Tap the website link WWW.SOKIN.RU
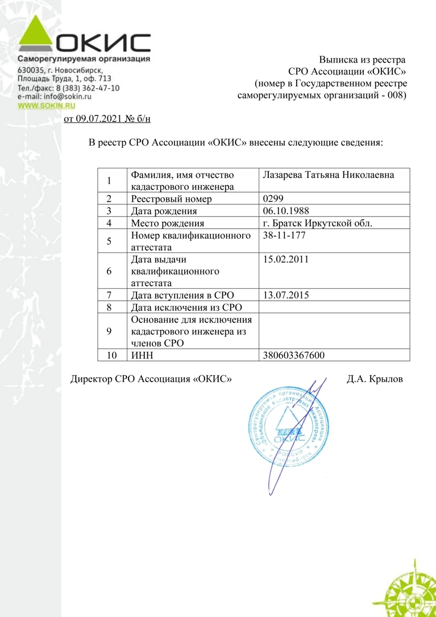click(46, 105)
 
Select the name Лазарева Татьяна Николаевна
click(329, 175)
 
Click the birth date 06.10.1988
click(286, 210)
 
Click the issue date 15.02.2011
click(286, 259)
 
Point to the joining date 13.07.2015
click(286, 295)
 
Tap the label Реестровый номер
click(171, 198)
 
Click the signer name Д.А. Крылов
click(375, 378)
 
